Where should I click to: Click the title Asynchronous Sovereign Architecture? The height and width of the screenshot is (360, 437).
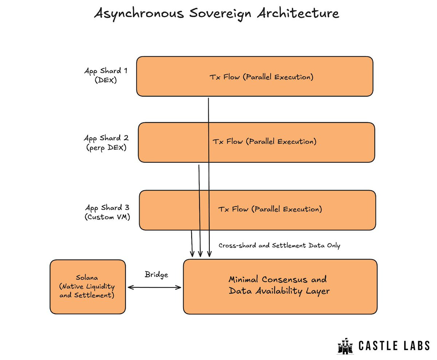(217, 13)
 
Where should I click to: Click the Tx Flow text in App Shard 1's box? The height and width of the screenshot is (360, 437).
(261, 77)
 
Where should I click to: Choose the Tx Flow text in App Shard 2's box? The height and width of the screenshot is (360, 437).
(264, 142)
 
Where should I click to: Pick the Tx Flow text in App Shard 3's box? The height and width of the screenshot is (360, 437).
(270, 209)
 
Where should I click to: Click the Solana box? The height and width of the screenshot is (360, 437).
(87, 287)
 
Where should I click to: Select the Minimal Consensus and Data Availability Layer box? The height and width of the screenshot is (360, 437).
(280, 287)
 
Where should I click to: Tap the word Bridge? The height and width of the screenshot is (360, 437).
(156, 274)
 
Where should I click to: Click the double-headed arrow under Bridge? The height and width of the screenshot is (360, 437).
(155, 288)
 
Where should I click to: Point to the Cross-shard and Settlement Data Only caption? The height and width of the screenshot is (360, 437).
(279, 245)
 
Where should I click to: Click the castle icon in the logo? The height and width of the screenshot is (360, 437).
(344, 345)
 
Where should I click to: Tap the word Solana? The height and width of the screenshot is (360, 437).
(87, 278)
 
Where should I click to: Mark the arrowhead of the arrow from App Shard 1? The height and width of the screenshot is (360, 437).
(209, 255)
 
